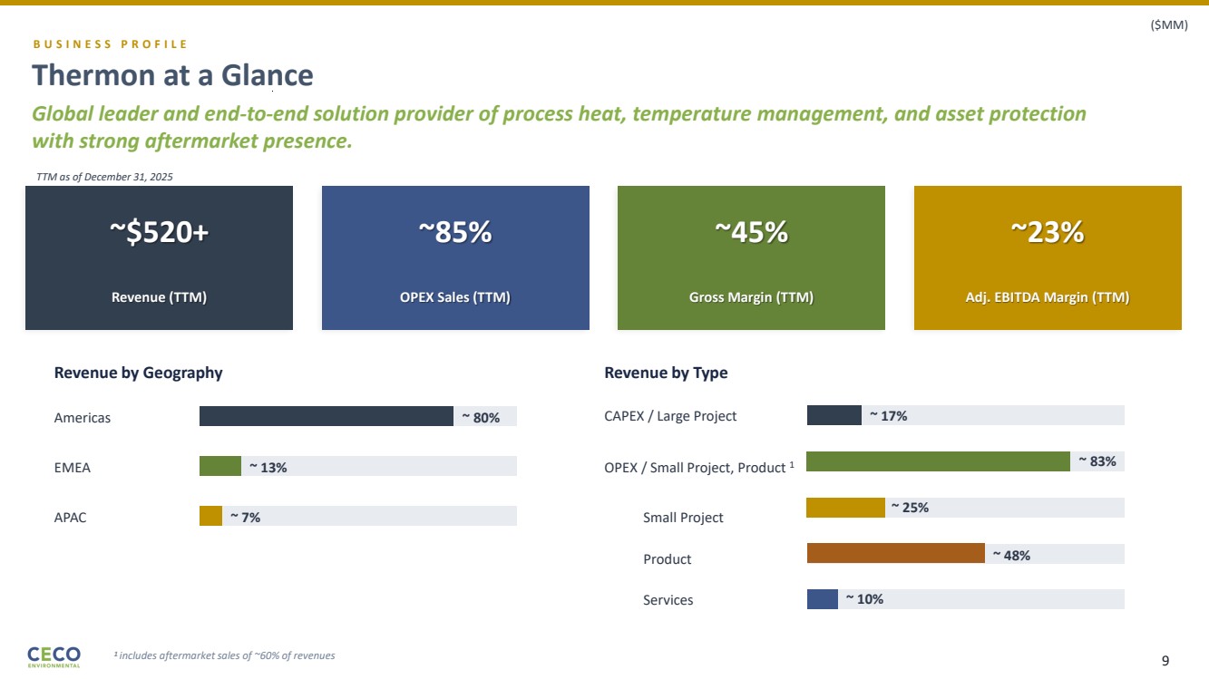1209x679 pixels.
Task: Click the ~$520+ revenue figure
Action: [x=159, y=233]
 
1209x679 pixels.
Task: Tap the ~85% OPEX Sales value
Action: [x=455, y=233]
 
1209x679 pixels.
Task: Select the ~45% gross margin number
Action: [x=751, y=233]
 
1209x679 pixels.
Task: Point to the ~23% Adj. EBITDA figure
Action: [x=1048, y=233]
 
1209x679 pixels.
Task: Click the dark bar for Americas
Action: [x=326, y=416]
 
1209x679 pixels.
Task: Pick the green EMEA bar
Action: [x=220, y=466]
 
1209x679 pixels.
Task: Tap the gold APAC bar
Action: [x=210, y=516]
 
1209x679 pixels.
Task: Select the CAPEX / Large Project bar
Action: [x=834, y=415]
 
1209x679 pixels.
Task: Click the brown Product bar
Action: [x=895, y=553]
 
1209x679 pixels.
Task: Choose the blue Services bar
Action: [x=822, y=599]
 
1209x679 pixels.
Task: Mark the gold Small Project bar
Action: [x=845, y=508]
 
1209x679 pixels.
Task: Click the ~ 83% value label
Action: [x=1097, y=461]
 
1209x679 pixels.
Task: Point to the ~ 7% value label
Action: [x=245, y=516]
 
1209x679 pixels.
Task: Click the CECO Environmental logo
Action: [x=54, y=656]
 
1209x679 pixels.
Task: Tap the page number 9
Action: [x=1165, y=660]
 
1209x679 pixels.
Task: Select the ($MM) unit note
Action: [x=1169, y=25]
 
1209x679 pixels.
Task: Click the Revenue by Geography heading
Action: [x=138, y=373]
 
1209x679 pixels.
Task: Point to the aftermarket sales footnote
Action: [x=224, y=655]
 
